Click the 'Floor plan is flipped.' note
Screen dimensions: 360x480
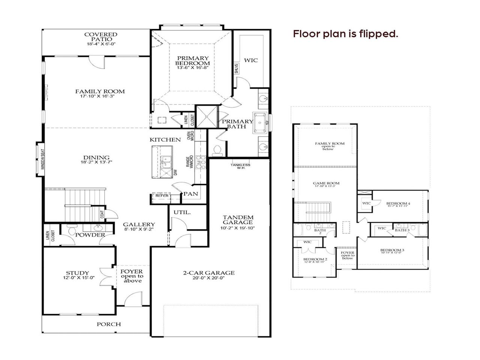pos(345,34)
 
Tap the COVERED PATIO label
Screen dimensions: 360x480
pos(100,39)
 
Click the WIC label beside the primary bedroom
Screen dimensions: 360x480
pos(251,60)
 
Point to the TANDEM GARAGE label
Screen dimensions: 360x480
pos(238,222)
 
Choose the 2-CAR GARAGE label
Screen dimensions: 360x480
pos(209,275)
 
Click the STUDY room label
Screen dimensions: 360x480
pos(78,275)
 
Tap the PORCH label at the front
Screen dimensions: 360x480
pos(109,324)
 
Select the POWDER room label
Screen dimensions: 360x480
pos(90,235)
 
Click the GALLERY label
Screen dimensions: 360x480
pos(139,226)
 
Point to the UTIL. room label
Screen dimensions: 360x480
pos(182,212)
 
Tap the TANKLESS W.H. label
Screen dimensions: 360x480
pos(240,166)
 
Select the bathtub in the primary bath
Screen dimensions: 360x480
pos(261,122)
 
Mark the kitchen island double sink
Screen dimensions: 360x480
pos(165,163)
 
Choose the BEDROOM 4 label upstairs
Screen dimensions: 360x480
pos(398,205)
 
